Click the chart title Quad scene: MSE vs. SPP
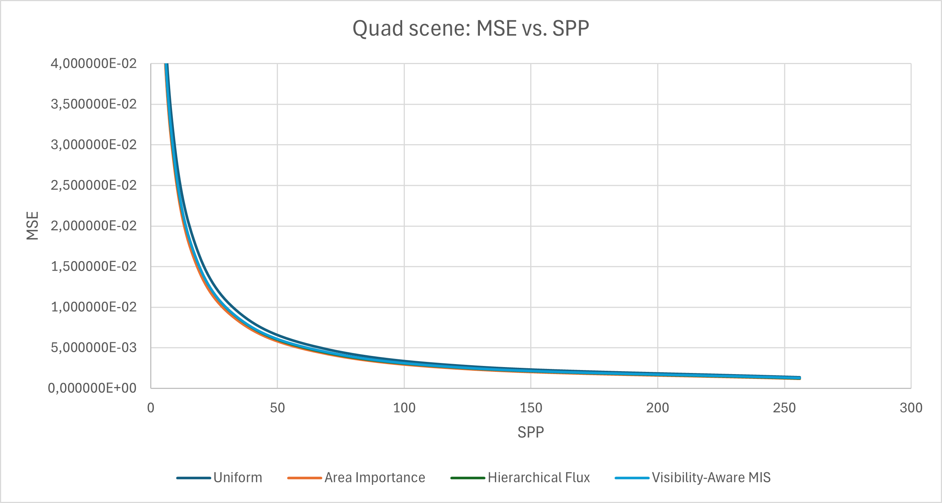pyautogui.click(x=471, y=29)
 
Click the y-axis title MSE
pyautogui.click(x=33, y=226)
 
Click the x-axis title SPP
pyautogui.click(x=531, y=432)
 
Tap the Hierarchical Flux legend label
pyautogui.click(x=539, y=477)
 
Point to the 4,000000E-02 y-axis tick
pyautogui.click(x=94, y=64)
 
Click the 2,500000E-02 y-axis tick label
pyautogui.click(x=94, y=185)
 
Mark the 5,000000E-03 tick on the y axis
pyautogui.click(x=94, y=347)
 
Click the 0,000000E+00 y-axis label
pyautogui.click(x=92, y=388)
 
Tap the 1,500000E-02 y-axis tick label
pyautogui.click(x=94, y=266)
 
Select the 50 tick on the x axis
pyautogui.click(x=277, y=408)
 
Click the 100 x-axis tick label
pyautogui.click(x=404, y=408)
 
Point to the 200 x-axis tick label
pyautogui.click(x=657, y=408)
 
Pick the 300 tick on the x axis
pyautogui.click(x=911, y=408)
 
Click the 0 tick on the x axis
pyautogui.click(x=151, y=408)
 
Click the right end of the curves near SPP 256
pyautogui.click(x=799, y=378)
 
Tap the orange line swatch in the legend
pyautogui.click(x=304, y=478)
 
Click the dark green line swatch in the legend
pyautogui.click(x=467, y=478)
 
